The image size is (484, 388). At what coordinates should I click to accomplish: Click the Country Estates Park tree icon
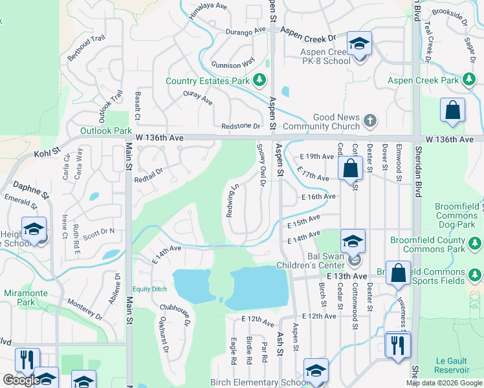(259, 81)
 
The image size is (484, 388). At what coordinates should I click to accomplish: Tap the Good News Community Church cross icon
(369, 120)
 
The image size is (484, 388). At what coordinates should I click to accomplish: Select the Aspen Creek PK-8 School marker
(359, 45)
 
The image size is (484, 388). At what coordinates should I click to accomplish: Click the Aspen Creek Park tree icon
(469, 80)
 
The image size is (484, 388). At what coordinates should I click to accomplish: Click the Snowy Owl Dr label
(262, 169)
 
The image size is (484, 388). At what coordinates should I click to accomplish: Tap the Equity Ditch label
(150, 289)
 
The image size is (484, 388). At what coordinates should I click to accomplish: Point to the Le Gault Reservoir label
(453, 365)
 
